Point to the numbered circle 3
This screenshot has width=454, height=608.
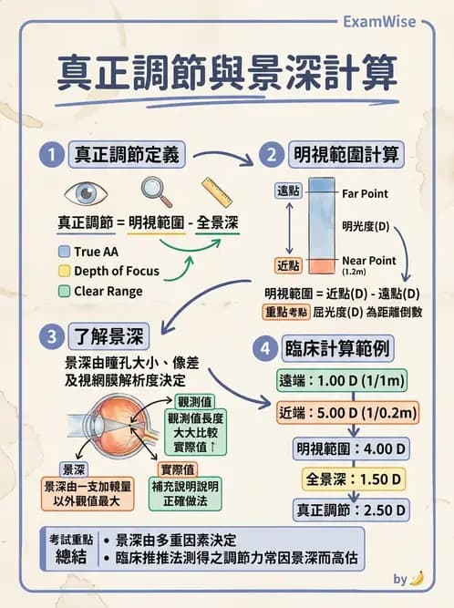(50, 335)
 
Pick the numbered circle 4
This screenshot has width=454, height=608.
(265, 348)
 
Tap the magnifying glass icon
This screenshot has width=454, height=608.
(156, 191)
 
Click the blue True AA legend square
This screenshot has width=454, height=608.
(63, 251)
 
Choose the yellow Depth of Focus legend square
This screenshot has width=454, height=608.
(63, 271)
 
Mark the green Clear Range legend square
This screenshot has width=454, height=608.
(63, 292)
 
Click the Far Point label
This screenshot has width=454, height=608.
(365, 193)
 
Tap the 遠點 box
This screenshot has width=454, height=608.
(288, 191)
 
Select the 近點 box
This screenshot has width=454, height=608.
(288, 265)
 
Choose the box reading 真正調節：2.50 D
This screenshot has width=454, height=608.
(351, 510)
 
